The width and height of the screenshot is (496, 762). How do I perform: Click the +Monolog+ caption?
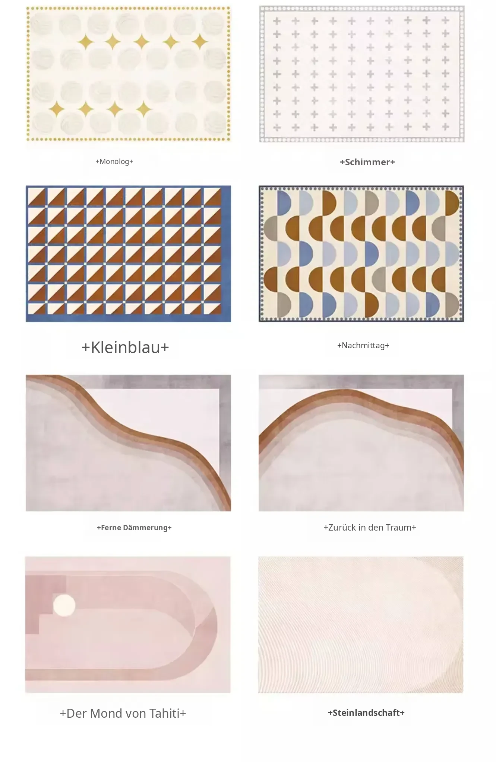coord(114,161)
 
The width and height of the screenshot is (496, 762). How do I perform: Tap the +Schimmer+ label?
coord(367,162)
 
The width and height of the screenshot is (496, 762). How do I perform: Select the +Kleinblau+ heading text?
coord(125,347)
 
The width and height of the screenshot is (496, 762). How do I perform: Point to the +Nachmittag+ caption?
coord(363,345)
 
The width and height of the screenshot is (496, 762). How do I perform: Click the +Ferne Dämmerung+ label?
coord(134,528)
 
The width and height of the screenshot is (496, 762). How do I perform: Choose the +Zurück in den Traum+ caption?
coord(370,527)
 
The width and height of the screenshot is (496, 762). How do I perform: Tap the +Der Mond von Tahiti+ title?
coord(123,713)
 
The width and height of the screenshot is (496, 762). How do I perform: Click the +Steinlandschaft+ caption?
coord(366,713)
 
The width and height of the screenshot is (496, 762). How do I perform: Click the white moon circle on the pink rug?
coord(64,605)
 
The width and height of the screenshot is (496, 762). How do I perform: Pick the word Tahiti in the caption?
coord(164,713)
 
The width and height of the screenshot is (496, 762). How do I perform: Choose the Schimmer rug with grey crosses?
coord(362,74)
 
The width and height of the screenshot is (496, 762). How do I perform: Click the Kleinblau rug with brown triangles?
coord(128,254)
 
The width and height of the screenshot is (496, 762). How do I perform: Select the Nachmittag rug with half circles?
coord(361,254)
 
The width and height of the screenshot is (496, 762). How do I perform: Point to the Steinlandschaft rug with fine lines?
coord(361,625)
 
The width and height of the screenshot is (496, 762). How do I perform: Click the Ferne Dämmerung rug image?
coord(128,443)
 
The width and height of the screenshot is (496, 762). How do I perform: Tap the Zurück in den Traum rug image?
coord(361,443)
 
